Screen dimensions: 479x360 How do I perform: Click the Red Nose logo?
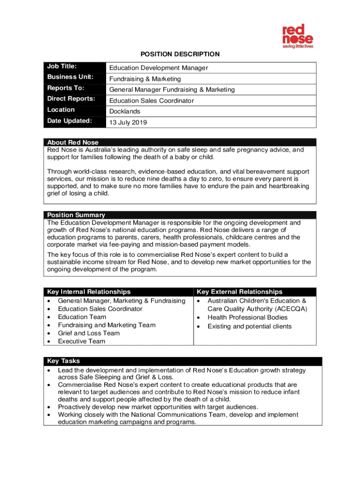(297, 36)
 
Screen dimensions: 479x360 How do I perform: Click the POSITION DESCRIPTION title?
(180, 54)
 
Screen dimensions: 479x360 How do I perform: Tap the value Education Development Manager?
(158, 68)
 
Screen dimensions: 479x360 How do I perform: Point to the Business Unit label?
(71, 77)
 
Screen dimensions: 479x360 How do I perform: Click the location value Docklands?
(125, 111)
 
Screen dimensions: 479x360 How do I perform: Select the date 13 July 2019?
(128, 123)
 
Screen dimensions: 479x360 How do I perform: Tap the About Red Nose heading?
(73, 142)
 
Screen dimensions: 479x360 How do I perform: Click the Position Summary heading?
(76, 215)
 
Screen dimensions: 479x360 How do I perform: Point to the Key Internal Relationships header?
(89, 292)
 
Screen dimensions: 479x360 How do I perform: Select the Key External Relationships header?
(239, 292)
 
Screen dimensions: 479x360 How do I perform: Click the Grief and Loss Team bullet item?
(89, 333)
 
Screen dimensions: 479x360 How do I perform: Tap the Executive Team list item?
(81, 341)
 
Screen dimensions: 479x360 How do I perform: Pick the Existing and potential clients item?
(249, 326)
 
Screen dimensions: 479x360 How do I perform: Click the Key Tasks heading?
(64, 361)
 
